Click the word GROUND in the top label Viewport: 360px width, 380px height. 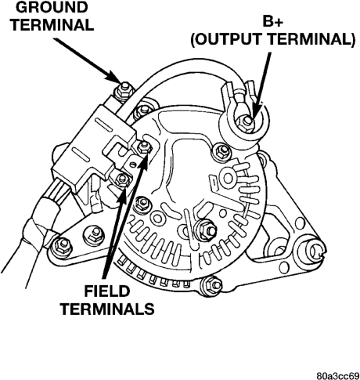tap(52, 7)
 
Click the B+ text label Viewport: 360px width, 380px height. tap(272, 21)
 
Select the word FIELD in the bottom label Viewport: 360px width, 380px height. tap(107, 291)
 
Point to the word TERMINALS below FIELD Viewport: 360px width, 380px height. tap(107, 309)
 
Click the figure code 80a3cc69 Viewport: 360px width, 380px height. tap(338, 376)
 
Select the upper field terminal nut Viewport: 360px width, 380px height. tap(143, 148)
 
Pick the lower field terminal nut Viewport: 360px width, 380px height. tap(122, 179)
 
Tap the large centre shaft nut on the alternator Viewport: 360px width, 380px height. tap(207, 230)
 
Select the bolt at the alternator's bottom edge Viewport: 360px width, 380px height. tap(212, 284)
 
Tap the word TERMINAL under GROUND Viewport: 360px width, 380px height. tap(53, 25)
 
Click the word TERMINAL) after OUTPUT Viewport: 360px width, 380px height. tap(312, 39)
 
